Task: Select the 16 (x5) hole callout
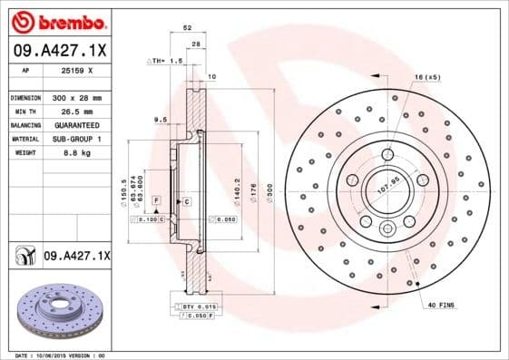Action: pos(427,78)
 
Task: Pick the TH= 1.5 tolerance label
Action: pos(165,61)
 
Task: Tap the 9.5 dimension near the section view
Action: pos(161,119)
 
